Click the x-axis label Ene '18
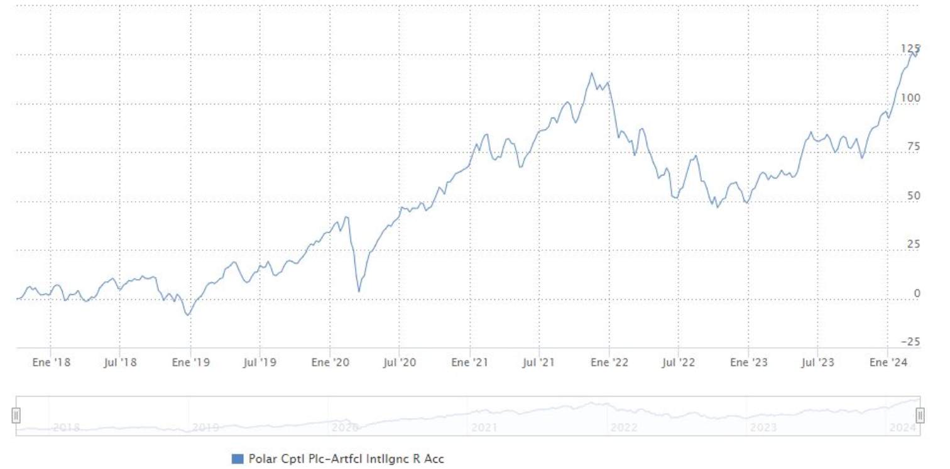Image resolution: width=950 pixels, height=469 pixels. click(x=50, y=363)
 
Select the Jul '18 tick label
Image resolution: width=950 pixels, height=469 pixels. click(x=120, y=363)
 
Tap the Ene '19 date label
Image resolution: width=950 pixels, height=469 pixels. click(x=190, y=363)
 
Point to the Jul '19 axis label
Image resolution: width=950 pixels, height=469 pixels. click(x=260, y=363)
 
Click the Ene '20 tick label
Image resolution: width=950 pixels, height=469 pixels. click(x=330, y=363)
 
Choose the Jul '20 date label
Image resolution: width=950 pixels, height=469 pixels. click(x=400, y=363)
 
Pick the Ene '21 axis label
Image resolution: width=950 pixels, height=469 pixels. click(x=471, y=363)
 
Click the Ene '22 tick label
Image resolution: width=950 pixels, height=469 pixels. click(x=610, y=363)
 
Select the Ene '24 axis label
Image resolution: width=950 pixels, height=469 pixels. click(x=887, y=363)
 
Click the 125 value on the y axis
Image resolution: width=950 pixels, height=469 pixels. click(x=910, y=48)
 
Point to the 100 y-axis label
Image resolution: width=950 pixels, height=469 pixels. click(x=910, y=97)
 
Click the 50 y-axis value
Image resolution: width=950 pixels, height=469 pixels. click(x=913, y=196)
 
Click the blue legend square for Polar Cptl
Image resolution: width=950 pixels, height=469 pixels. click(x=237, y=459)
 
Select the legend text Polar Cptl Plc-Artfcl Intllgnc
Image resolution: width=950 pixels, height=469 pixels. click(x=346, y=459)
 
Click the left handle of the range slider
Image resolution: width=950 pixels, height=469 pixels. click(x=16, y=415)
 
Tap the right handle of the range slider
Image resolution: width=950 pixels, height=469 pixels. click(x=920, y=415)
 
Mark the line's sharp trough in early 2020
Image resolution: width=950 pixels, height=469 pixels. click(x=359, y=292)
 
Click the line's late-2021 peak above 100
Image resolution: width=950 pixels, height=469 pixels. click(x=591, y=73)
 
